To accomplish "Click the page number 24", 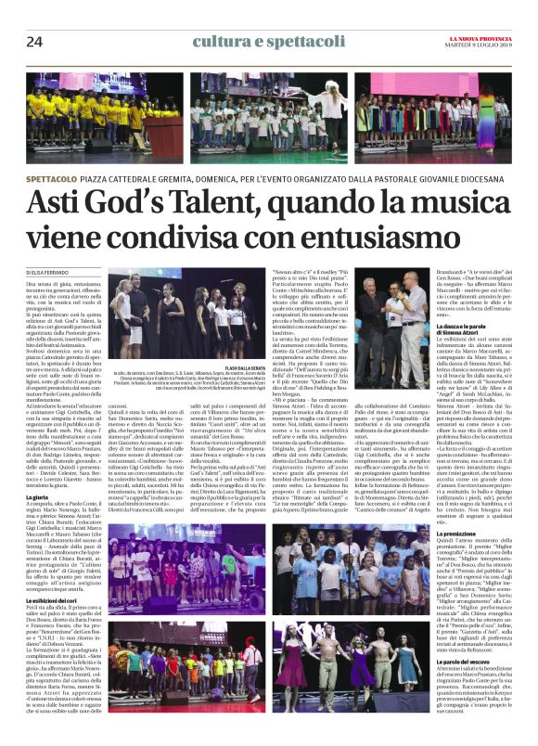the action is [x=34, y=41].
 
